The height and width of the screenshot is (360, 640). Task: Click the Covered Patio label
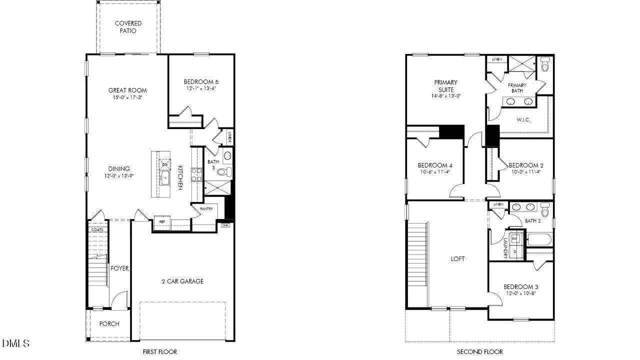[x=128, y=27]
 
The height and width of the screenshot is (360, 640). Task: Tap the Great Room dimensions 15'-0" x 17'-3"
[x=127, y=97]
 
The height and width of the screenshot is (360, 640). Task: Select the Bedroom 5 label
[x=200, y=81]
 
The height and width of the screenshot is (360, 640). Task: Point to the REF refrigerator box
[x=162, y=221]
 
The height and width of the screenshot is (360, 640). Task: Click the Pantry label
[x=206, y=208]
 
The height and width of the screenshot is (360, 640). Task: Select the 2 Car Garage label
[x=182, y=281]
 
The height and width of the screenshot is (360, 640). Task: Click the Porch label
[x=109, y=323]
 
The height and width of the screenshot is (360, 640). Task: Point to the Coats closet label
[x=97, y=230]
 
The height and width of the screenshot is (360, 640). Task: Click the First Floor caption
[x=159, y=351]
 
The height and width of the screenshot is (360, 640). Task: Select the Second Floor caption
[x=479, y=351]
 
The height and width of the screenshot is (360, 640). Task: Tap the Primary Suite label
[x=445, y=86]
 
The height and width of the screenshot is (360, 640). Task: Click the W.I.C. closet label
[x=523, y=120]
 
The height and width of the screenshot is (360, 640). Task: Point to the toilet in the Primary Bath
[x=545, y=65]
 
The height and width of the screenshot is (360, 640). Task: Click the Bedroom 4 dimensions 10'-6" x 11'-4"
[x=434, y=172]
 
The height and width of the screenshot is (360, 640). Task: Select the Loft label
[x=457, y=258]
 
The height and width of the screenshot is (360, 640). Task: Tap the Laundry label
[x=505, y=248]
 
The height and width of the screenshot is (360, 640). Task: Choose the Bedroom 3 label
[x=520, y=286]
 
